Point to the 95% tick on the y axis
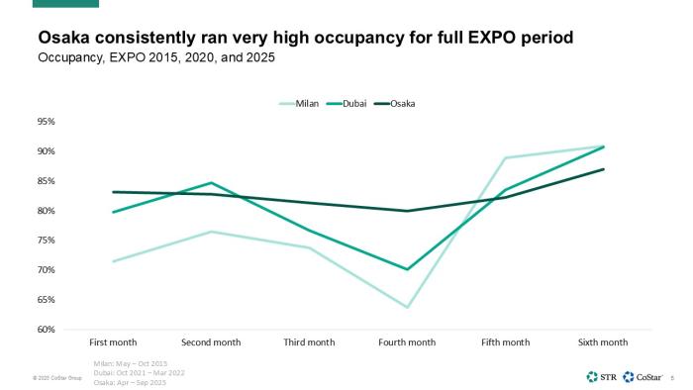47,122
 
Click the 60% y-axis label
47,330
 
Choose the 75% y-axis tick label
47,270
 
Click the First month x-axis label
113,342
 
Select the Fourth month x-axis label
407,342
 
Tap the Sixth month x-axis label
603,342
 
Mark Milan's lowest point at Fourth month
407,307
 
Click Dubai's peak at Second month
211,183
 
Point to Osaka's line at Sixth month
603,169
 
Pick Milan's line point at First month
113,261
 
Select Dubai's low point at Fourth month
407,269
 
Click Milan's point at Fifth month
505,158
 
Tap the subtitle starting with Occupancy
156,57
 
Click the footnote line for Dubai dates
132,371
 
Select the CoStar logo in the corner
643,376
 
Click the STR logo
602,376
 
